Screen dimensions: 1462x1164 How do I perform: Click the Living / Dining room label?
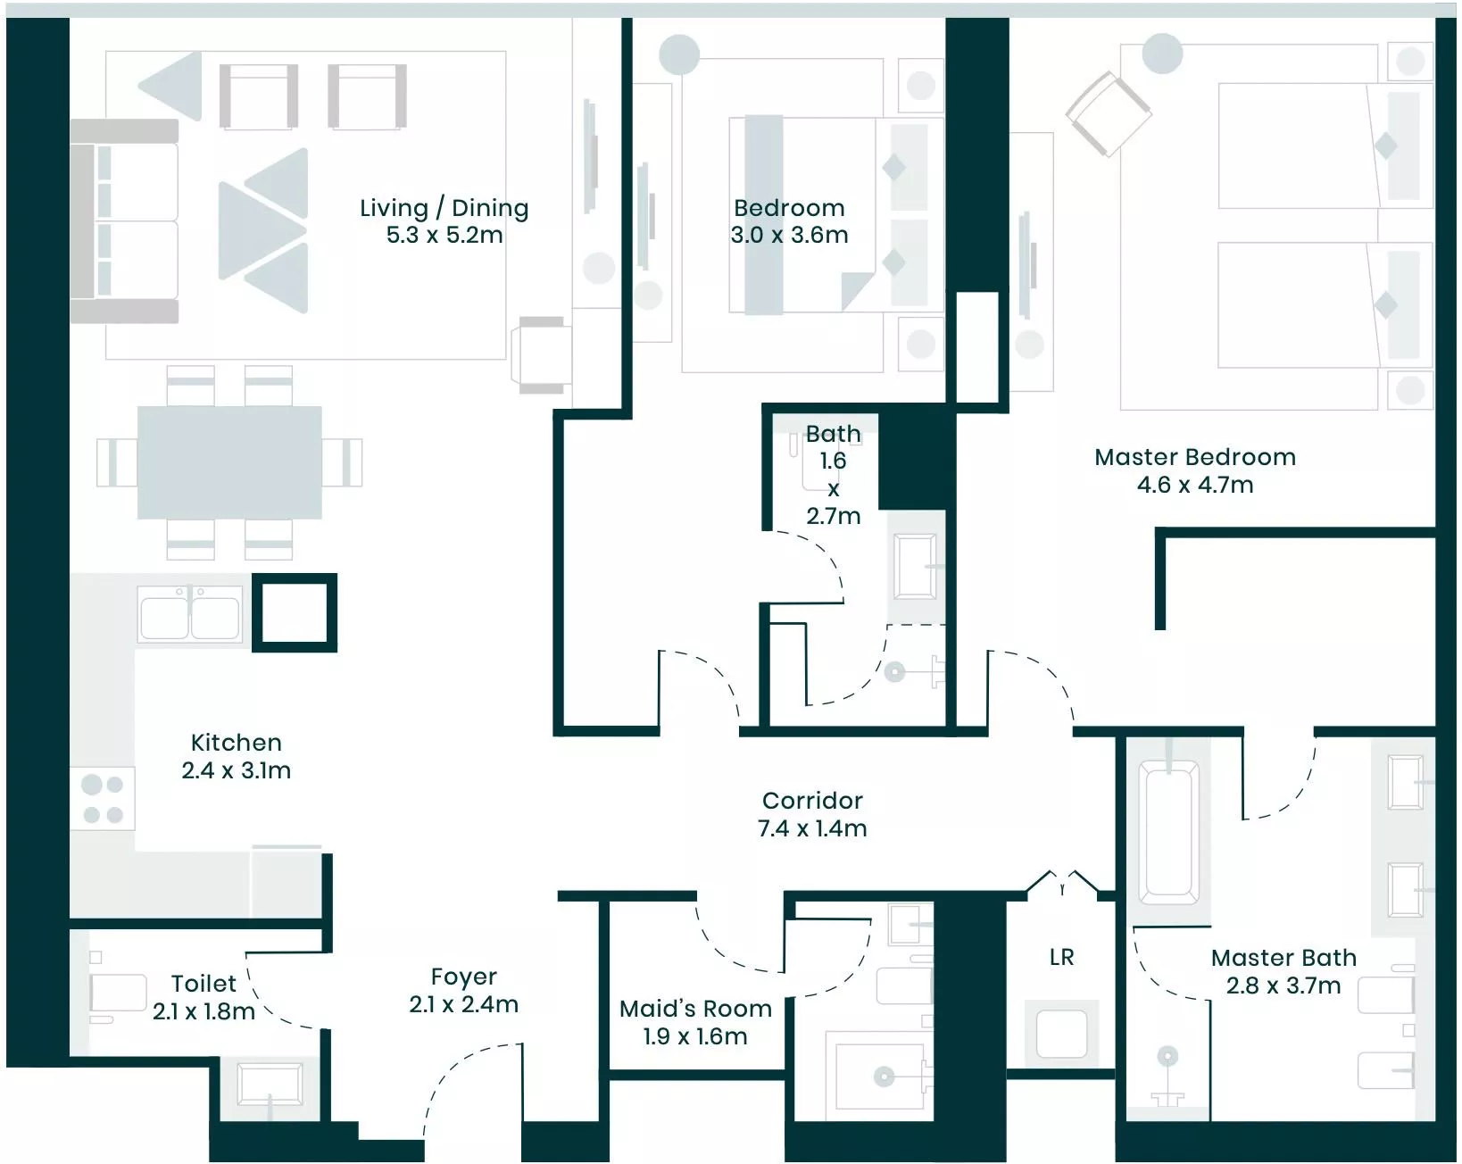pos(444,208)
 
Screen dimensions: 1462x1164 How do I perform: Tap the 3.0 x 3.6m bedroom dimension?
pos(789,235)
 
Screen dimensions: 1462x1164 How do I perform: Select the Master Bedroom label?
pos(1195,457)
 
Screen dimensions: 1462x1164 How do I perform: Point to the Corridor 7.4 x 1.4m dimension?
pos(812,828)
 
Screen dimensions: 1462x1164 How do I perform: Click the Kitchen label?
pos(237,743)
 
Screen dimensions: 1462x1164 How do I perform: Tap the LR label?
pos(1062,958)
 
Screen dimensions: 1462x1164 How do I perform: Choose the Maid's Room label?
pos(695,1009)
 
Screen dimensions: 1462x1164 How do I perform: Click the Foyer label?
pos(464,977)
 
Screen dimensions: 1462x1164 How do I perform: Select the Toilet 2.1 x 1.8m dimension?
pos(204,1011)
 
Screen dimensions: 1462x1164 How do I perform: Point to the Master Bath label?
pos(1284,958)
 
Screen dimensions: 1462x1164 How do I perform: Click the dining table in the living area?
pos(229,462)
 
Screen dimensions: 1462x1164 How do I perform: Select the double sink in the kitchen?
pos(189,613)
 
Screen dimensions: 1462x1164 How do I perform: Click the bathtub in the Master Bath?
pos(1168,831)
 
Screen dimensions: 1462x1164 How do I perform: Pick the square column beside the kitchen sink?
pos(295,613)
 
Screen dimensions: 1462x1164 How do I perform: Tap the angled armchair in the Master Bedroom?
pos(1108,114)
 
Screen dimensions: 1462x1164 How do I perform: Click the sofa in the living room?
pos(124,220)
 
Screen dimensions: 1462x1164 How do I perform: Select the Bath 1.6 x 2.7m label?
pos(834,475)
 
